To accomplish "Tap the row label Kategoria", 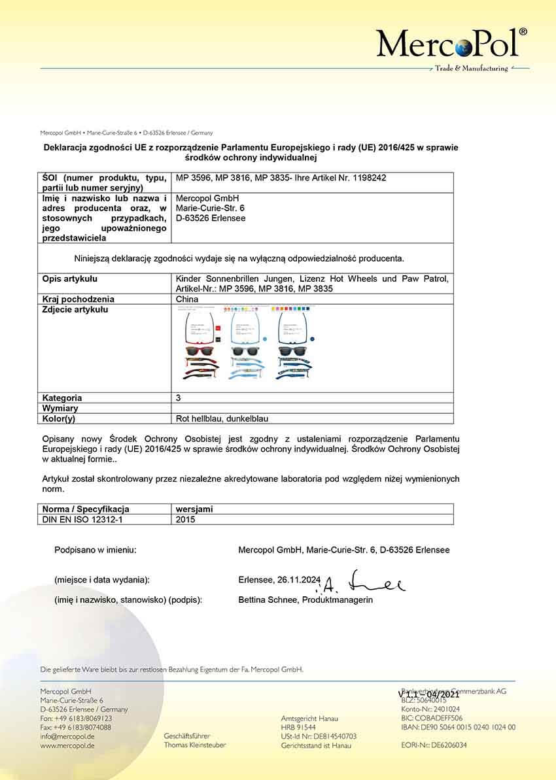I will tap(62, 398).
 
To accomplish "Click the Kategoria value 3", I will tap(179, 398).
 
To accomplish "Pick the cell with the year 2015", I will tap(186, 519).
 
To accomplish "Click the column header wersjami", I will tap(194, 509).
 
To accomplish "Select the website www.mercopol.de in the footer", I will tap(67, 745).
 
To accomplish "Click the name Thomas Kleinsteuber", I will tap(195, 745).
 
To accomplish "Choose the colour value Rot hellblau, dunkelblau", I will tap(222, 418).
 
